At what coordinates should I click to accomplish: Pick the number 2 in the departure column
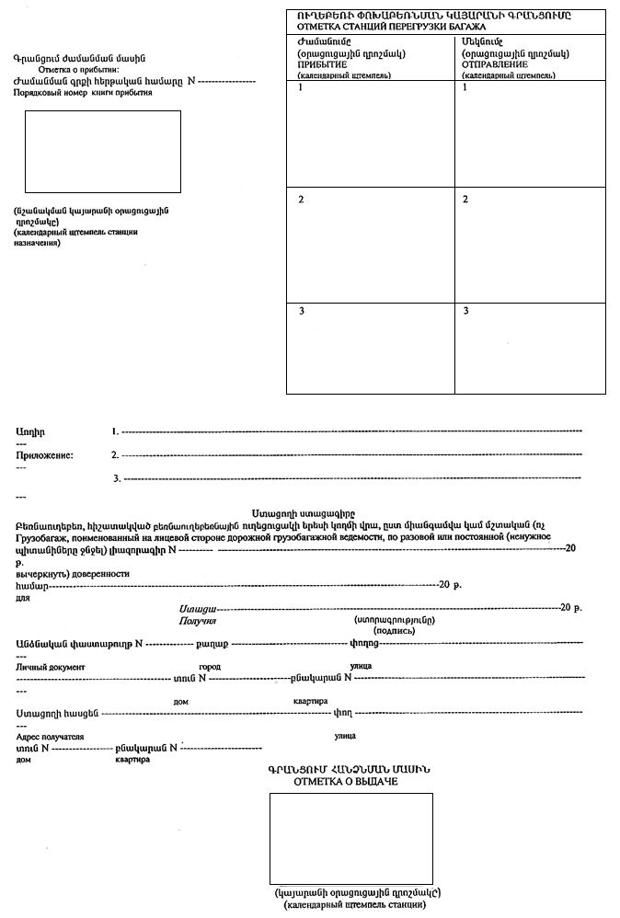(x=465, y=199)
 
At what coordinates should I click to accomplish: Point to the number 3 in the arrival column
(x=301, y=311)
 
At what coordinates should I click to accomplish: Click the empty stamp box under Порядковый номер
(x=102, y=152)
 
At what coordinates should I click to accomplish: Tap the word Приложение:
(x=45, y=454)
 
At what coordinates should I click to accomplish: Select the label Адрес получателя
(x=50, y=737)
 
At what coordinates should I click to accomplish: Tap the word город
(x=209, y=665)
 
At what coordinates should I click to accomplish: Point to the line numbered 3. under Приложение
(x=118, y=478)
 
